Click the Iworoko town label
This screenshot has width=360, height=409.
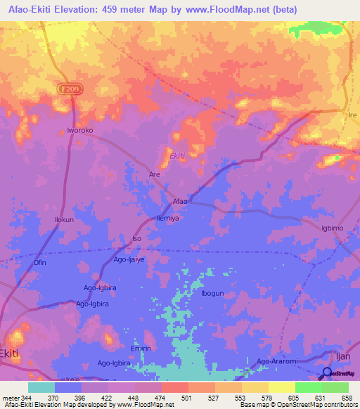coord(79,130)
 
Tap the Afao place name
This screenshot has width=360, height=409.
coord(180,202)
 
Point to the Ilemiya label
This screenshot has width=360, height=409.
coord(169,219)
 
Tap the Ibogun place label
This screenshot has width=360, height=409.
coord(212,293)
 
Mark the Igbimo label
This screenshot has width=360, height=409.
coord(333,228)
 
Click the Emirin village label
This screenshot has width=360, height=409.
coord(141,347)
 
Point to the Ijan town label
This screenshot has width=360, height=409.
coord(341,357)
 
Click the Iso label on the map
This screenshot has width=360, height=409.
coord(137,239)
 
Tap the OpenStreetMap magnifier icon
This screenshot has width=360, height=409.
coord(328,373)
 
